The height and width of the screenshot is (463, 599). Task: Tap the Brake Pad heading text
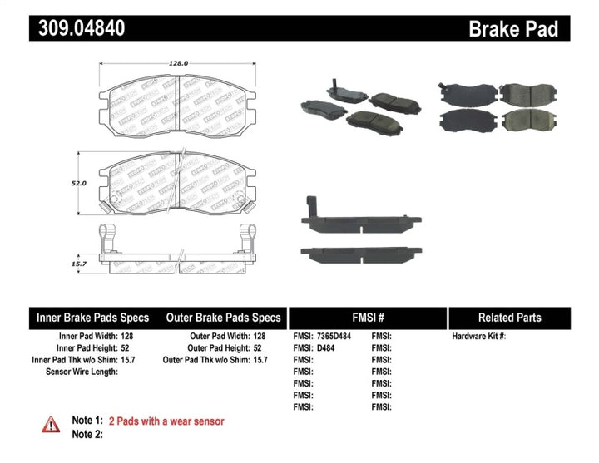point(512,29)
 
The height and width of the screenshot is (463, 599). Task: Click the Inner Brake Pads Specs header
point(92,318)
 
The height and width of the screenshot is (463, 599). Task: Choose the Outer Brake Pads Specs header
point(223,318)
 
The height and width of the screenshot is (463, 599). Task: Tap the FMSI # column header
point(367,318)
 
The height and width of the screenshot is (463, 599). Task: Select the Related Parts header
point(509,318)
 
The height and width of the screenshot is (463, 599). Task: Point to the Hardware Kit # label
point(478,337)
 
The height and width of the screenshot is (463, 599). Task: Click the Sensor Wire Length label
point(81,372)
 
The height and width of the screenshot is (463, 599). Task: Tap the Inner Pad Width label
point(81,337)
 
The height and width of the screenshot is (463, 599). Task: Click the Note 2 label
point(87,434)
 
